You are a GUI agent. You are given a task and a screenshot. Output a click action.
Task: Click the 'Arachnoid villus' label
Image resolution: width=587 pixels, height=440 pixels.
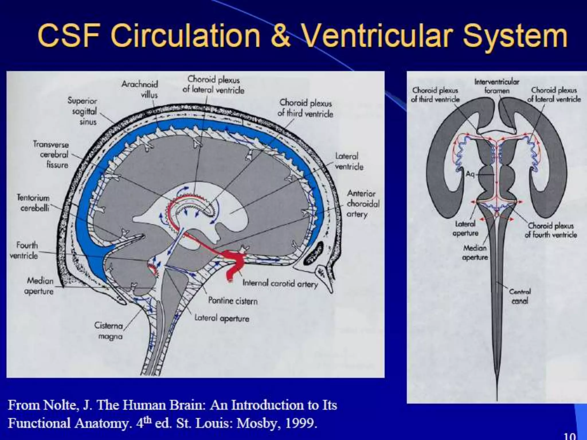pyautogui.click(x=140, y=89)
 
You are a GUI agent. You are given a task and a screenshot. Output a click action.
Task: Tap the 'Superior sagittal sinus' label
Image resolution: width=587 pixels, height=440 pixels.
pyautogui.click(x=83, y=111)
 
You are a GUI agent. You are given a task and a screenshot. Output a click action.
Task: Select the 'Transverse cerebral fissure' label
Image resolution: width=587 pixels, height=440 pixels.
pyautogui.click(x=51, y=154)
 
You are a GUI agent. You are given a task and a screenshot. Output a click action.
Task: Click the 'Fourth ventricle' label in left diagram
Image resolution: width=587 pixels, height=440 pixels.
pyautogui.click(x=24, y=250)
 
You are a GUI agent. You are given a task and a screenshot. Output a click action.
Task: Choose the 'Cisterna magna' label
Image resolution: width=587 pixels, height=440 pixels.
pyautogui.click(x=109, y=331)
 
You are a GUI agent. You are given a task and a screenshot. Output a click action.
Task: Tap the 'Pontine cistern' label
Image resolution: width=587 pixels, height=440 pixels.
pyautogui.click(x=233, y=301)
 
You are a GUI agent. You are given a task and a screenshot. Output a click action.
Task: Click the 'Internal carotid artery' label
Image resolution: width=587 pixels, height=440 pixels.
pyautogui.click(x=280, y=284)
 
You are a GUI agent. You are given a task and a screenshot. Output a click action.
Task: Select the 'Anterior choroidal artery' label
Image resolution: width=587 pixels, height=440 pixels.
pyautogui.click(x=363, y=204)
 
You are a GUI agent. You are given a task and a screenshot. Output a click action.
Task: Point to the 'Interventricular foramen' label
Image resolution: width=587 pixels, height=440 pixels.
pyautogui.click(x=497, y=86)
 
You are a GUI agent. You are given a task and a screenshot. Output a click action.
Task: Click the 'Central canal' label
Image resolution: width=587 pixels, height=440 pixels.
pyautogui.click(x=520, y=296)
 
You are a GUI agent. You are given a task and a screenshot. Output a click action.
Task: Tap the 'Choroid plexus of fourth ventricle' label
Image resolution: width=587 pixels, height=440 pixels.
pyautogui.click(x=551, y=230)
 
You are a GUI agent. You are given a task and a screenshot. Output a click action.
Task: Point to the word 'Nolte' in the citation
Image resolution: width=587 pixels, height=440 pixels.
pyautogui.click(x=59, y=405)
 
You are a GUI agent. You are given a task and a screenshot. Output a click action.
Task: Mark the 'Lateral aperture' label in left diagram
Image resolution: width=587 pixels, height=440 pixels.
pyautogui.click(x=222, y=318)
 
